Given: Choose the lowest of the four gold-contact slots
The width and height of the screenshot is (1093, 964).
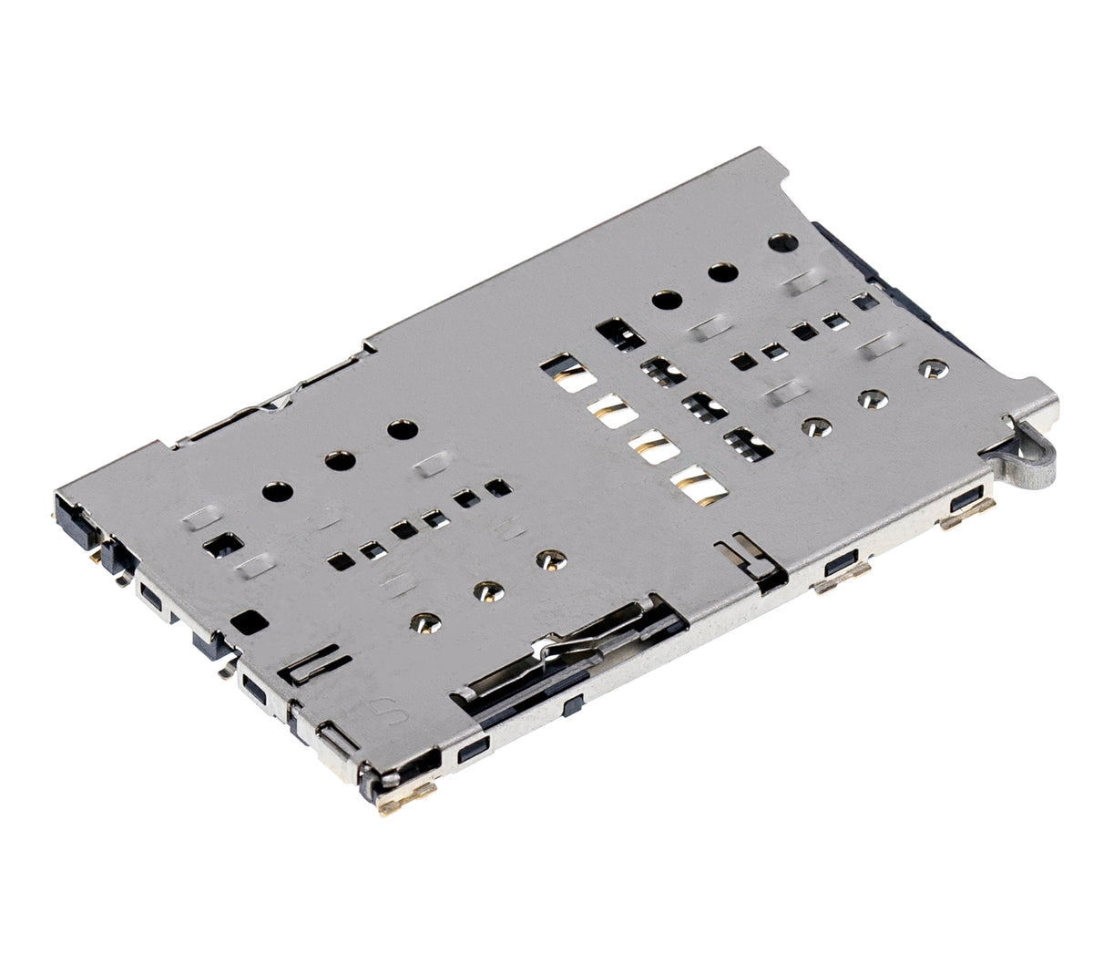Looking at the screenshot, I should point(689,486).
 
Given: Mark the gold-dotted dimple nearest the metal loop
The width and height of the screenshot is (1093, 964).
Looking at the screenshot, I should point(929,369).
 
